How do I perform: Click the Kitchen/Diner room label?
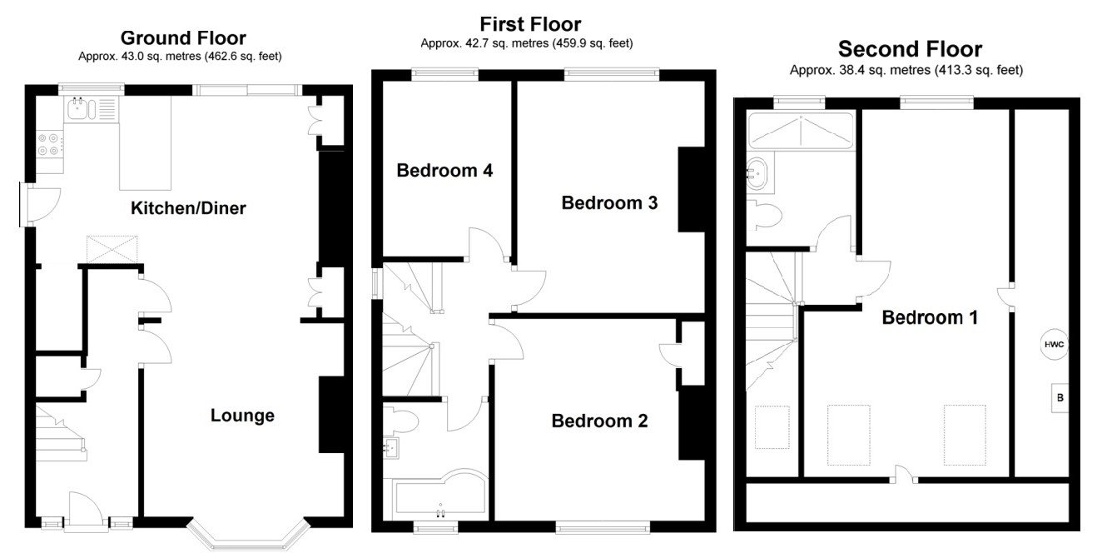[x=188, y=208]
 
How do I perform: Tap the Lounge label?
[x=242, y=415]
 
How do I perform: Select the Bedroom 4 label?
[x=444, y=171]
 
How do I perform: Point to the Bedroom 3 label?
[x=609, y=202]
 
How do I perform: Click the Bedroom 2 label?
[x=599, y=421]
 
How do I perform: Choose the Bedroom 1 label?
[x=930, y=317]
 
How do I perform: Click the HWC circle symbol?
[x=1053, y=345]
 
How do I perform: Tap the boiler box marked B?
[x=1060, y=398]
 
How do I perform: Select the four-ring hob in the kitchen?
[x=48, y=144]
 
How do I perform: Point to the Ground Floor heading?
[x=183, y=37]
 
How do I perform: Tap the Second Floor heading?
[x=910, y=48]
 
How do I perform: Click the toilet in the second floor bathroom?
[x=764, y=216]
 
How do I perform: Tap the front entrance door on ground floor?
[x=86, y=510]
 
